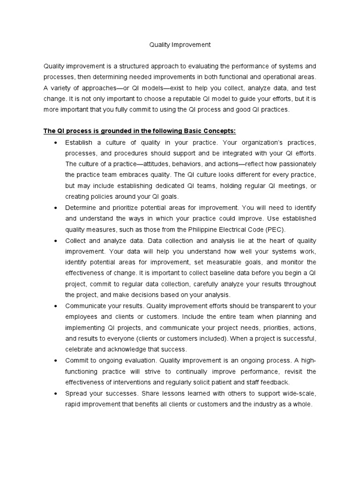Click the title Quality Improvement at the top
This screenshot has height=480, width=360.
[x=180, y=45]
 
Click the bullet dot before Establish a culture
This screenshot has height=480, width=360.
[x=56, y=142]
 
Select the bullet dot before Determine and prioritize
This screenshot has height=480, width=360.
[x=56, y=207]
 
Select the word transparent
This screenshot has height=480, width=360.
[x=264, y=306]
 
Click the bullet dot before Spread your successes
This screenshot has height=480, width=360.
[x=56, y=392]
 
